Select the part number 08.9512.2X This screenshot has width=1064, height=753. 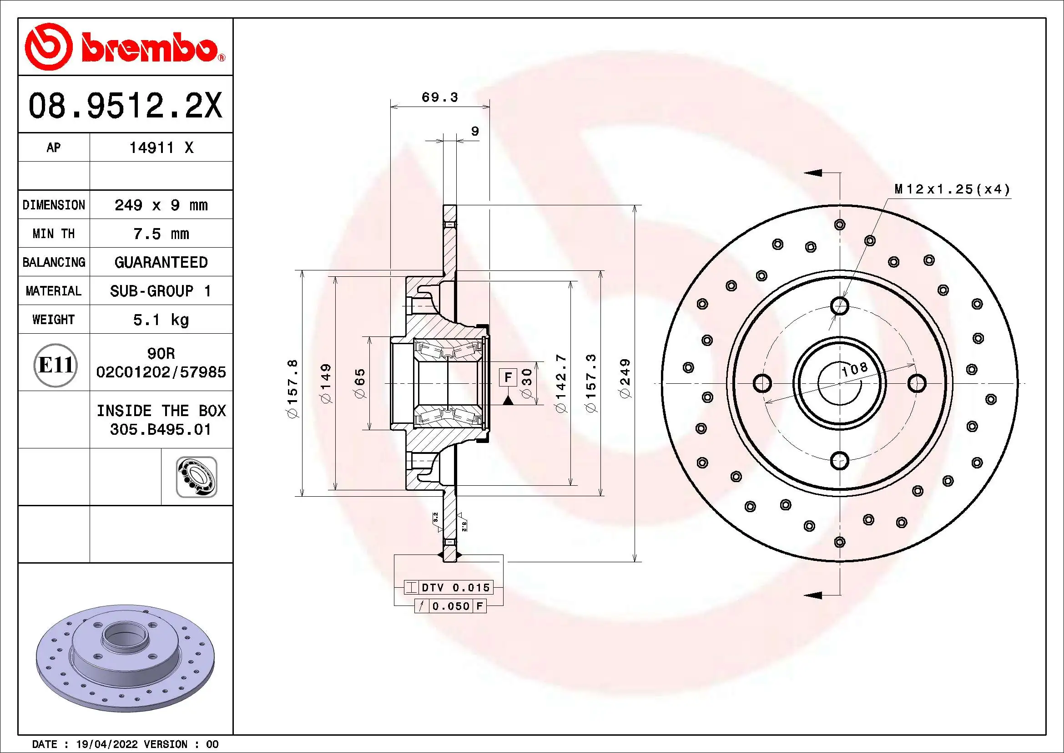[x=125, y=106]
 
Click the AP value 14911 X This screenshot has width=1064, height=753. [x=161, y=148]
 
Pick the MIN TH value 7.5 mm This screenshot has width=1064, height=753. [x=161, y=234]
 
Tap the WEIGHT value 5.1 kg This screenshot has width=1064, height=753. [x=161, y=320]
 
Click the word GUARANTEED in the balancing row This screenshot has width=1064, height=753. [x=161, y=262]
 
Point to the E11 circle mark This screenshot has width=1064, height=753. [x=55, y=366]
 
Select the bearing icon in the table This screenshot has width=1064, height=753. [x=197, y=477]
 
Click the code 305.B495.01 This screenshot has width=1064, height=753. [x=160, y=429]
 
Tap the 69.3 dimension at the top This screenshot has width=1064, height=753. [x=439, y=97]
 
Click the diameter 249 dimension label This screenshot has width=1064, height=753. [x=625, y=378]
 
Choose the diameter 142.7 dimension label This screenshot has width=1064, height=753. [x=561, y=383]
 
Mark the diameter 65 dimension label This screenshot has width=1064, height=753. [x=360, y=383]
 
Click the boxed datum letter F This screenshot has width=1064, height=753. [x=508, y=377]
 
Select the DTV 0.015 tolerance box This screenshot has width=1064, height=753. [x=448, y=587]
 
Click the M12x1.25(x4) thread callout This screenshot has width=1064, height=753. [x=952, y=189]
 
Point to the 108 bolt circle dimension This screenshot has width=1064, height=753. [x=854, y=369]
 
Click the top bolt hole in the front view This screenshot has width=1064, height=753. [x=839, y=306]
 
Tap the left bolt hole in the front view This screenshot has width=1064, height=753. [x=762, y=383]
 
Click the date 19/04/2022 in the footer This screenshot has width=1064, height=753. [x=106, y=744]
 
